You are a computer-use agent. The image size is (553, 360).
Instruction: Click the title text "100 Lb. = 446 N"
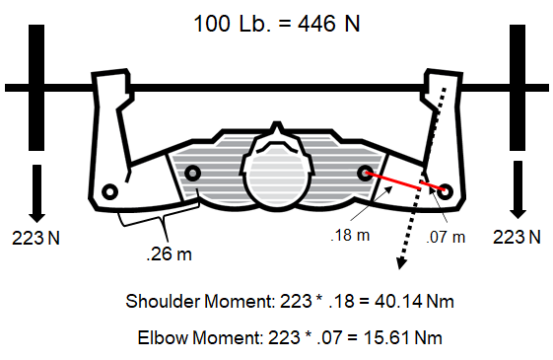point(276,24)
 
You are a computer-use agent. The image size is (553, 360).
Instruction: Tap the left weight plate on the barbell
point(36,88)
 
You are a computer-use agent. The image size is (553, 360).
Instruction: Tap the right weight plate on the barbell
point(518,88)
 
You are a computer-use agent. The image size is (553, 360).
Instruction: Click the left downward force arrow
point(36,193)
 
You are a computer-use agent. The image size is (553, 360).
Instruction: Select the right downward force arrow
point(518,189)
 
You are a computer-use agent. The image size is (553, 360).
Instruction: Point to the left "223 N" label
point(35,238)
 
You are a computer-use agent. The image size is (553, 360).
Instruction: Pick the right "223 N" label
point(517,237)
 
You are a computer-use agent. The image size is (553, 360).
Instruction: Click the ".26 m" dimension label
point(169,253)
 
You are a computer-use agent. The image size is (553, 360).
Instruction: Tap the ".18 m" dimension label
point(350,235)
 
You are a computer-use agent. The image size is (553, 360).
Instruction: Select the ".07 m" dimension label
point(446,237)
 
